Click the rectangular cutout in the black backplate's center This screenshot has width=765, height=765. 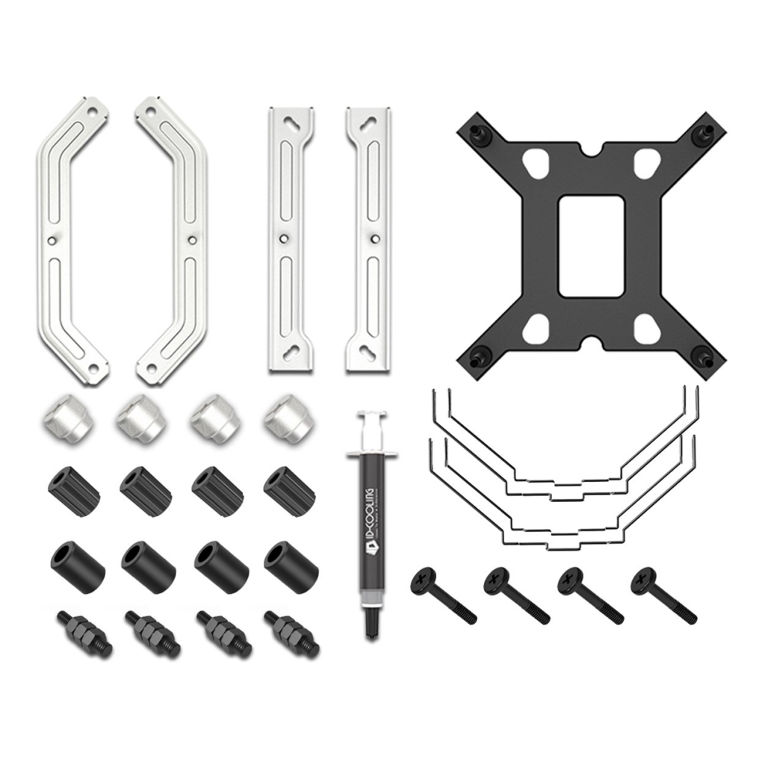(x=591, y=246)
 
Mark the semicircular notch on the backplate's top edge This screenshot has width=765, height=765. (x=591, y=152)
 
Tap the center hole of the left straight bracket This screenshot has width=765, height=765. (x=283, y=239)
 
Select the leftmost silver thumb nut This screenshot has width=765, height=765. (x=65, y=419)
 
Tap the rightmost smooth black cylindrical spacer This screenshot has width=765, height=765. (x=291, y=566)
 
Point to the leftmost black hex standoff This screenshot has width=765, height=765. (x=83, y=633)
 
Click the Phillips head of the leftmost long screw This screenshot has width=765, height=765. (x=424, y=580)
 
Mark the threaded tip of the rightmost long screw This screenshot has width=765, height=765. (x=688, y=617)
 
